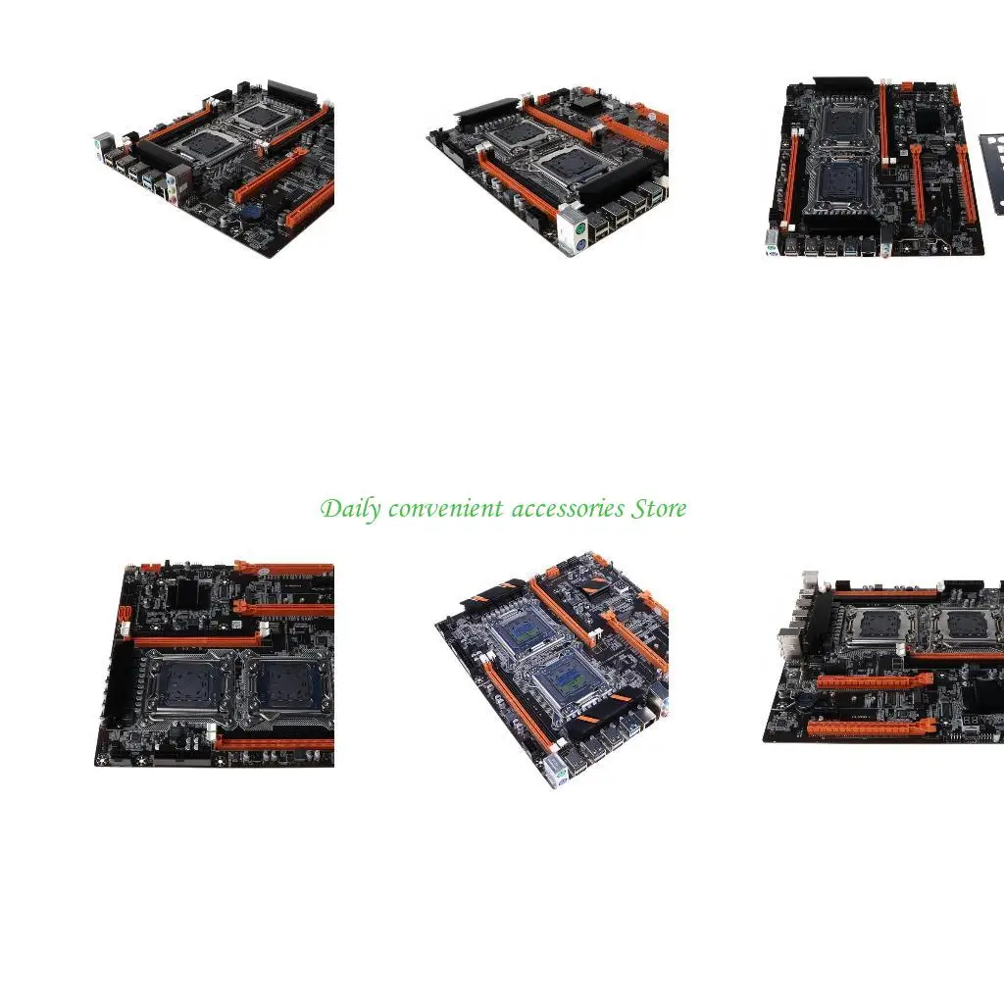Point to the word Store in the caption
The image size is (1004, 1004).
659,509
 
